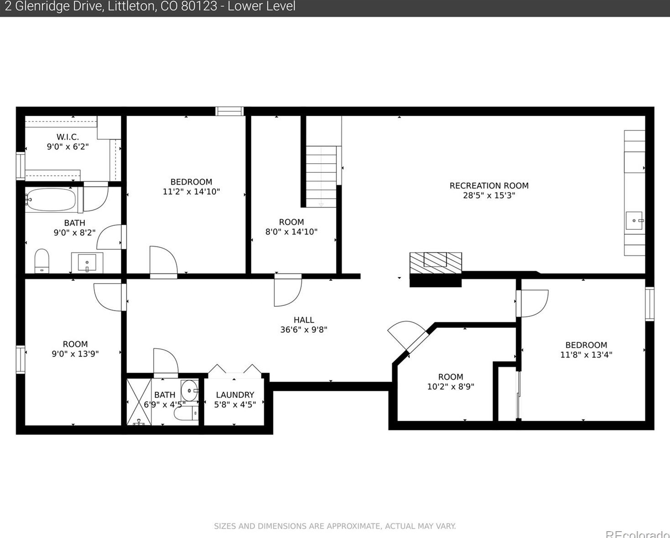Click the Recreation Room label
pyautogui.click(x=489, y=186)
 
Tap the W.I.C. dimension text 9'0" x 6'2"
pyautogui.click(x=68, y=147)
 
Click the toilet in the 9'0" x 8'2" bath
pyautogui.click(x=42, y=261)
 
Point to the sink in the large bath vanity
pyautogui.click(x=87, y=262)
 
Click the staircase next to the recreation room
pyautogui.click(x=321, y=176)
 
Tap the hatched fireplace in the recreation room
pyautogui.click(x=436, y=263)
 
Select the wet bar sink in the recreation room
pyautogui.click(x=634, y=221)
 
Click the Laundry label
pyautogui.click(x=235, y=395)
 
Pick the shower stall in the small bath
pyautogui.click(x=139, y=402)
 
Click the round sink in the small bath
pyautogui.click(x=189, y=390)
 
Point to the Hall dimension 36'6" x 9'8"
pyautogui.click(x=304, y=330)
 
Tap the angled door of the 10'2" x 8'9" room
pyautogui.click(x=408, y=337)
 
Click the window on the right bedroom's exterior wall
pyautogui.click(x=649, y=304)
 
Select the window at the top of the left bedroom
pyautogui.click(x=229, y=111)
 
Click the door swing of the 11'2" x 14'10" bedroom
pyautogui.click(x=164, y=261)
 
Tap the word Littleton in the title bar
pyautogui.click(x=131, y=6)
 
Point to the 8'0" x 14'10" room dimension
pyautogui.click(x=291, y=232)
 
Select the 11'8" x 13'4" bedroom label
pyautogui.click(x=586, y=345)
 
